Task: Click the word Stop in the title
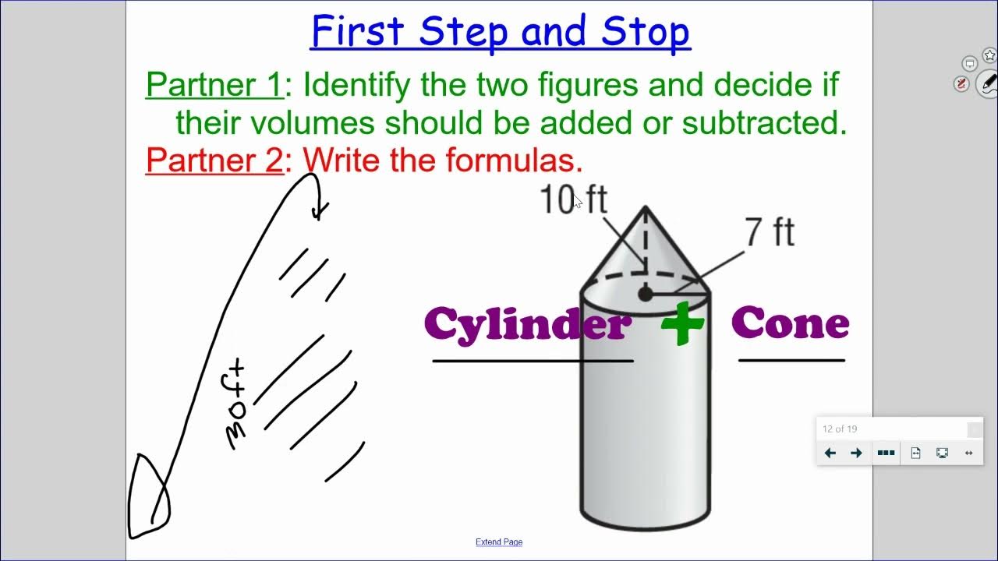(x=645, y=32)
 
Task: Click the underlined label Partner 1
(x=214, y=85)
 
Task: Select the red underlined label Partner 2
(x=214, y=161)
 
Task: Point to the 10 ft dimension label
(x=572, y=200)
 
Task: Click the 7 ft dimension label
(x=769, y=233)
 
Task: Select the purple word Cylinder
(x=528, y=323)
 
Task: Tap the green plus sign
(x=682, y=323)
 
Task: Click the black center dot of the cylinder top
(x=645, y=294)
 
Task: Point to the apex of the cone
(x=645, y=207)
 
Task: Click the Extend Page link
(x=499, y=542)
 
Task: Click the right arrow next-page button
(x=856, y=453)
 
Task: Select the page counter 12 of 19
(x=840, y=429)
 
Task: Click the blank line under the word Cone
(x=791, y=361)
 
